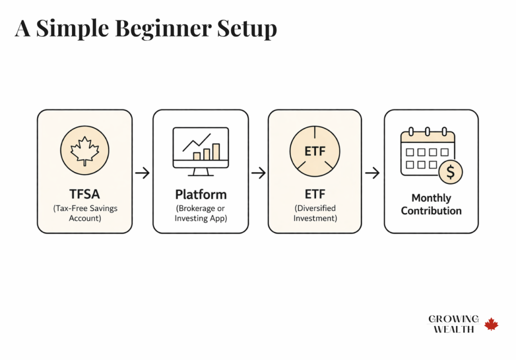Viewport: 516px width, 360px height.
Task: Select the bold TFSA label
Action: point(85,194)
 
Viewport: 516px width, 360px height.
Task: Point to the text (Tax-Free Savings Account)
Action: point(85,213)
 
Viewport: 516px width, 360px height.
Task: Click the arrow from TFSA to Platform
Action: point(143,173)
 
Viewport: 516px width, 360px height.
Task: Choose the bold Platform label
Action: point(201,194)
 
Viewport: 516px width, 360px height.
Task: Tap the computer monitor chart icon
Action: point(201,151)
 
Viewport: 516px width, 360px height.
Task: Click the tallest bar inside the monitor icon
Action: point(216,151)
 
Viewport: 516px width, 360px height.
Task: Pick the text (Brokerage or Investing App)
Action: point(201,213)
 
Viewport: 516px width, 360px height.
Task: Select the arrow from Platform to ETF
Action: point(258,173)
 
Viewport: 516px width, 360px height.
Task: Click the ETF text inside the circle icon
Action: point(315,150)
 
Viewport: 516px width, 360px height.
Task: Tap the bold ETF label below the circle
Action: point(315,194)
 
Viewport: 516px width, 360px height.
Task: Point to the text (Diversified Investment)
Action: point(315,213)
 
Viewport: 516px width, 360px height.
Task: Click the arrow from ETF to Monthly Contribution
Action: point(372,173)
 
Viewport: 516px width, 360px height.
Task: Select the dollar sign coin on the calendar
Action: point(450,173)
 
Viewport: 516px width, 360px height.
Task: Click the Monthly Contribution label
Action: point(431,204)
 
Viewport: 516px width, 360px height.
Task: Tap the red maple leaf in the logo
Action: point(491,324)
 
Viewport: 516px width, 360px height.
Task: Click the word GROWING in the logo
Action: point(454,319)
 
